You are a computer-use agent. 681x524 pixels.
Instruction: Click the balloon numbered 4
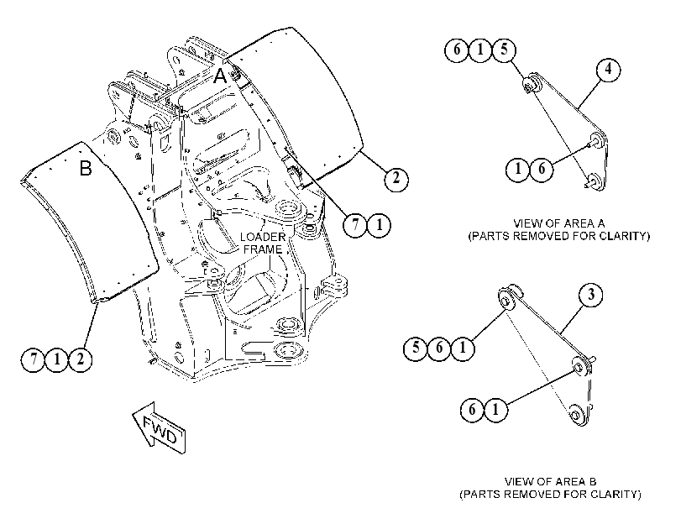[608, 70]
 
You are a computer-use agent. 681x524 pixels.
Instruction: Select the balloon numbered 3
[591, 295]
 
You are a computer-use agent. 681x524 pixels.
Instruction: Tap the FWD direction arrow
[160, 428]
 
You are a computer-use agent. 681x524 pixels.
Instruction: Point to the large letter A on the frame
[220, 76]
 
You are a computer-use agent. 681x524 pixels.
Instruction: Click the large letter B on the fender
[86, 168]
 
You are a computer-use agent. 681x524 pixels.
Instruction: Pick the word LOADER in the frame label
[263, 238]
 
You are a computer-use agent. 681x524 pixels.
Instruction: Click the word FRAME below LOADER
[263, 249]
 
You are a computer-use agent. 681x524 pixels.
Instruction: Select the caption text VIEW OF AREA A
[559, 223]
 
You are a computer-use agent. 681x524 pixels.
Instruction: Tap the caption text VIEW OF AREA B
[550, 481]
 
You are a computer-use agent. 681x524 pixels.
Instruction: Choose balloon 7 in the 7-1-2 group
[34, 359]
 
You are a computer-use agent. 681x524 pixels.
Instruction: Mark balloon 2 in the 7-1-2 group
[81, 359]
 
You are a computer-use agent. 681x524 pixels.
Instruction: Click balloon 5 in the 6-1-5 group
[504, 50]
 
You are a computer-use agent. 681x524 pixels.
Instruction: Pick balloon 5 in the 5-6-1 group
[416, 348]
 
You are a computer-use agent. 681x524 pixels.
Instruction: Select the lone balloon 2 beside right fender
[396, 178]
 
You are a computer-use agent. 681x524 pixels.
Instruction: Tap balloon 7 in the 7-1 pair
[356, 225]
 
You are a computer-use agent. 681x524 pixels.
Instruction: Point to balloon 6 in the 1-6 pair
[541, 168]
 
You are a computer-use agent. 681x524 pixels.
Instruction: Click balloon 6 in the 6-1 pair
[472, 409]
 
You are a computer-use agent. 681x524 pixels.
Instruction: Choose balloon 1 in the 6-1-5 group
[480, 50]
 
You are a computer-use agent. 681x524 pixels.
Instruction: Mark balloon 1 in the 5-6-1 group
[463, 348]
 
